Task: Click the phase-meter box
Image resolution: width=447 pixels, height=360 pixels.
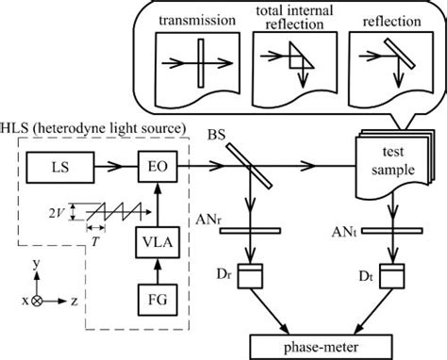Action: (x=320, y=346)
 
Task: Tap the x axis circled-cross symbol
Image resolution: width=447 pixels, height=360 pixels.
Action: (x=37, y=301)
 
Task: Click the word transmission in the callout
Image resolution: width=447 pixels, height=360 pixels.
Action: (x=199, y=21)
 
